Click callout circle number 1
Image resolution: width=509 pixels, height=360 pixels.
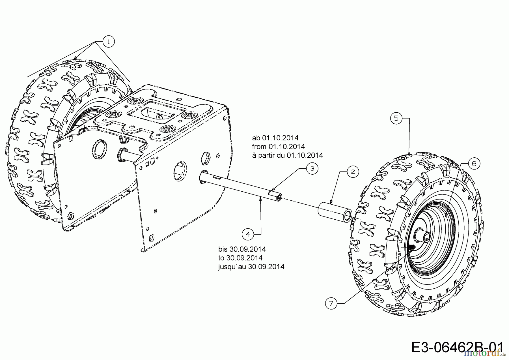tap(109, 42)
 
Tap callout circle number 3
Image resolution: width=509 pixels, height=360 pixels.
tap(312, 168)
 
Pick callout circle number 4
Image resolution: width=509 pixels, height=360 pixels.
tap(248, 234)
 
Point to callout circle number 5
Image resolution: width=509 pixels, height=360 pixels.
tap(396, 118)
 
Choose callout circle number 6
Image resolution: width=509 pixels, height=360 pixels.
tap(474, 163)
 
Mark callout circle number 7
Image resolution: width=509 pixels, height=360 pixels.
tap(331, 303)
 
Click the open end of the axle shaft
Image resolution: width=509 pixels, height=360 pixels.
tap(279, 197)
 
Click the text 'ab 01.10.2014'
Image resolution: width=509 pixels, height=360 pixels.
tap(275, 138)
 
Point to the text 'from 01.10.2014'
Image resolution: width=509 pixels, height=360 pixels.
tap(278, 147)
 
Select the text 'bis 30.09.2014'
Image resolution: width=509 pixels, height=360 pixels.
tap(242, 249)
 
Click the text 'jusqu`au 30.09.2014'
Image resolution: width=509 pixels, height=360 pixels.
tap(251, 267)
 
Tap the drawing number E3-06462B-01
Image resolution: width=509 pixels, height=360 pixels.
tap(457, 347)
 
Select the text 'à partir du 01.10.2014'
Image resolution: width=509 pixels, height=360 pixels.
tap(287, 155)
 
